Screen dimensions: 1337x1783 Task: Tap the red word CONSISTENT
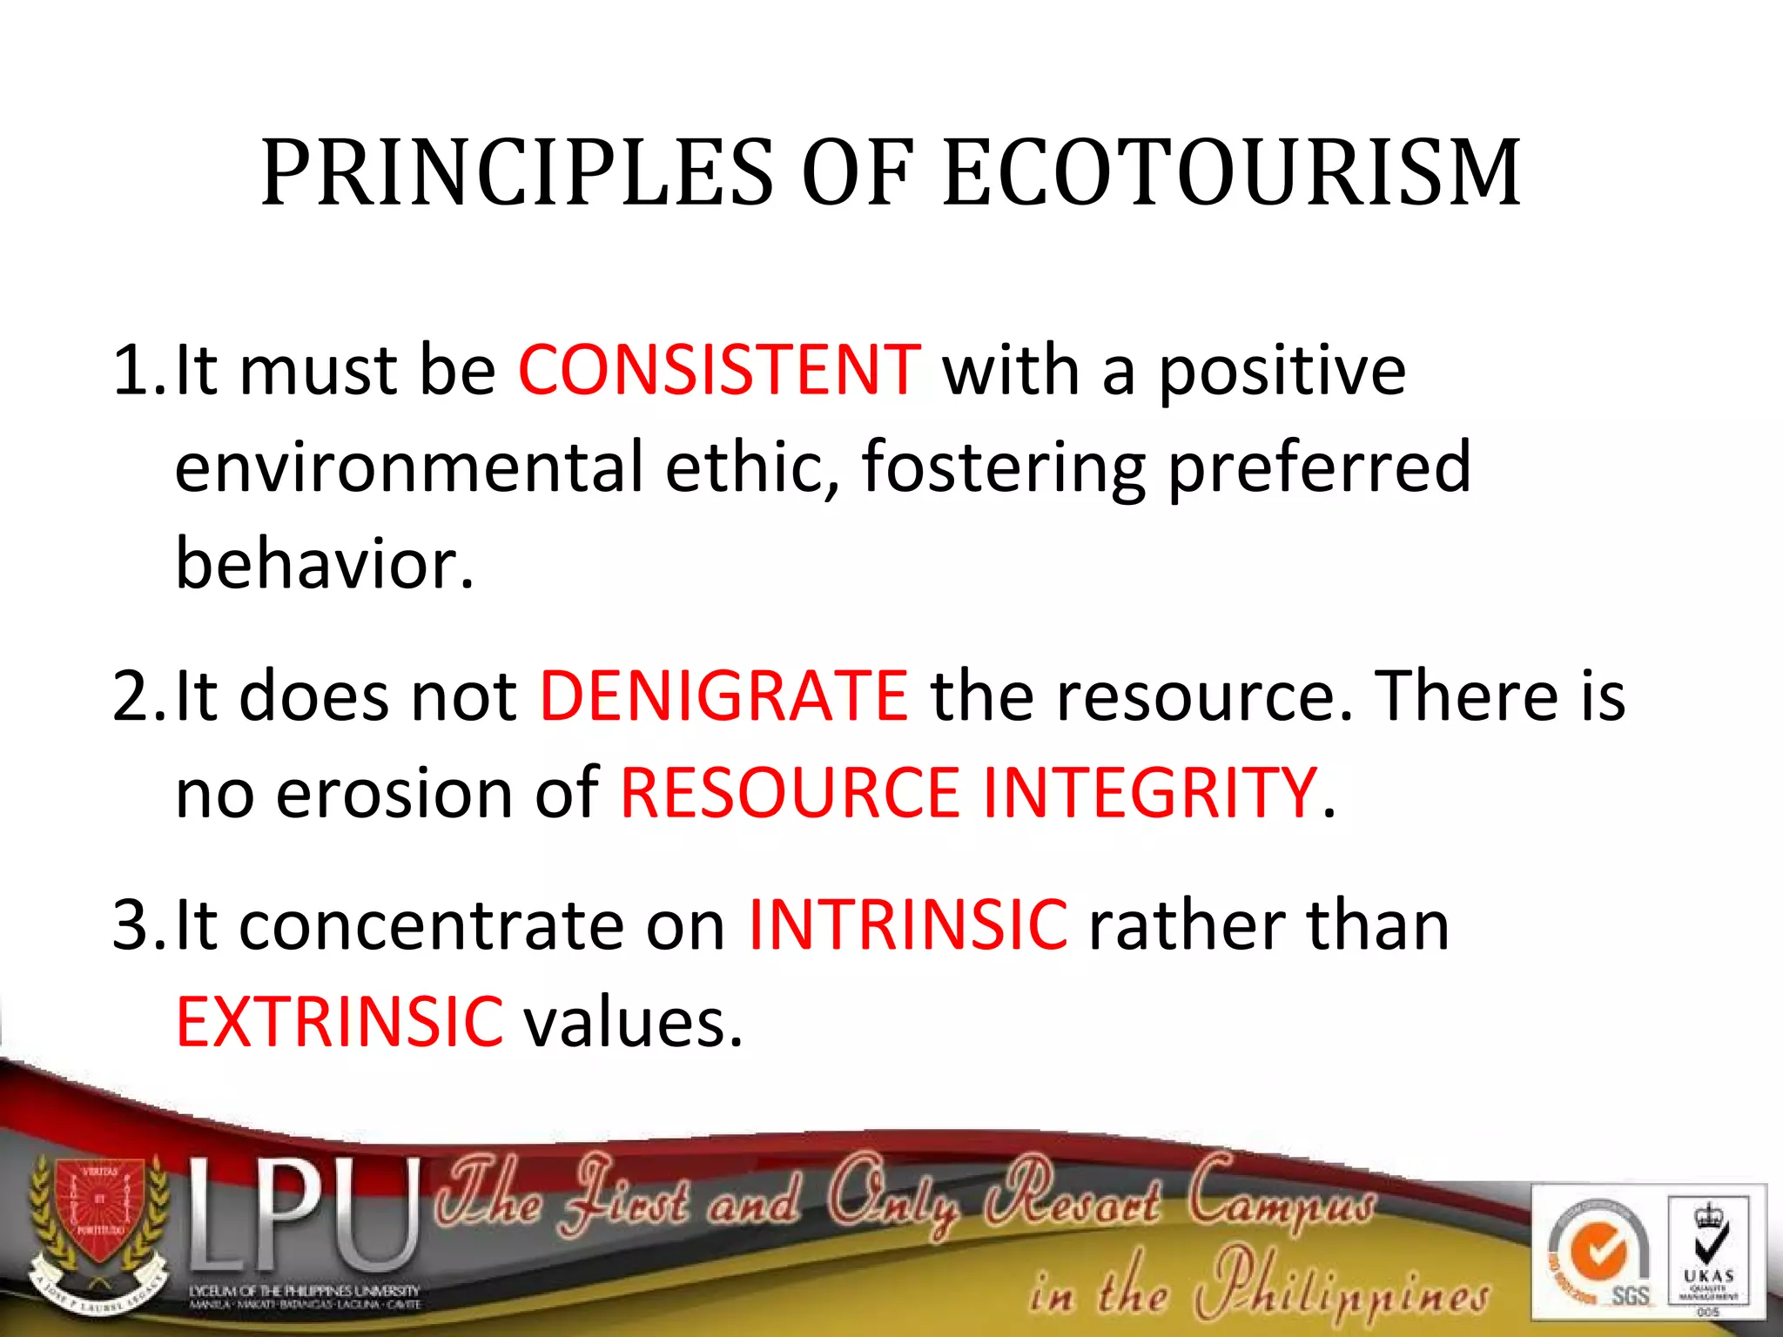(719, 370)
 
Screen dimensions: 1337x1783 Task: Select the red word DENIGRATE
(724, 695)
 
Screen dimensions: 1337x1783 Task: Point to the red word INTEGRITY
(1149, 792)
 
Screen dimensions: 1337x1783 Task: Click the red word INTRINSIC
(908, 924)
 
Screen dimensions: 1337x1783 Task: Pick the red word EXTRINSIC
(340, 1021)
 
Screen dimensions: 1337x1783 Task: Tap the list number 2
(132, 695)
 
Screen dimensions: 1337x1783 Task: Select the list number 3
(132, 924)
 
